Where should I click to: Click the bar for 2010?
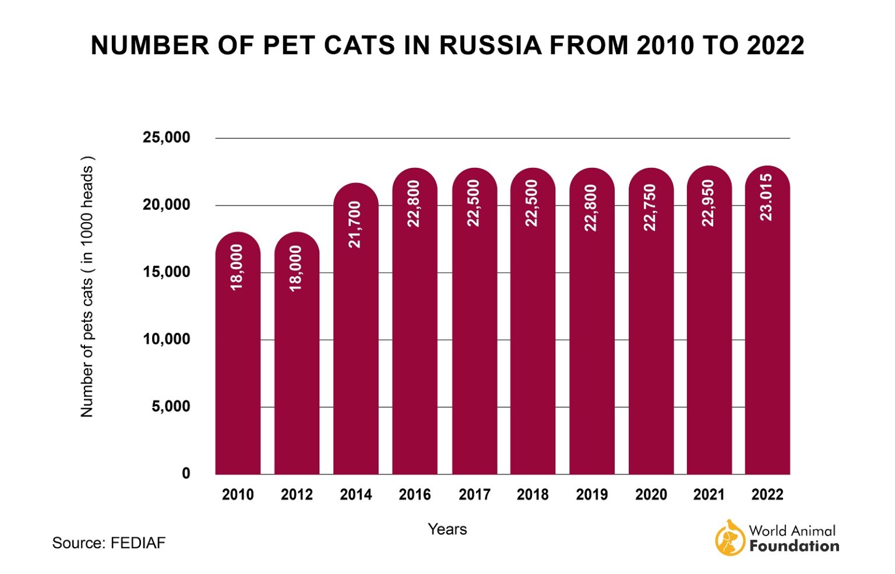[x=238, y=361]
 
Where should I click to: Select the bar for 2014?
[x=355, y=338]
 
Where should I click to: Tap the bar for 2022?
[x=767, y=326]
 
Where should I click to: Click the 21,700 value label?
[x=355, y=224]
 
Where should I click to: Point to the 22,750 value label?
[x=650, y=207]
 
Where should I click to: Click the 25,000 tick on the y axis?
[x=167, y=138]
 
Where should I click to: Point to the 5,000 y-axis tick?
[x=171, y=407]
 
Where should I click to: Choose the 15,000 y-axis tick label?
[x=167, y=272]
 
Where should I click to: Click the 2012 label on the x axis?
[x=297, y=495]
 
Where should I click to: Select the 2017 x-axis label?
[x=474, y=495]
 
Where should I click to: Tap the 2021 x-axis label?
[x=709, y=495]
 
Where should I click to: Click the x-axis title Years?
[x=447, y=529]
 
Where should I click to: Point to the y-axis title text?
[x=87, y=287]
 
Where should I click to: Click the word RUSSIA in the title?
[x=489, y=45]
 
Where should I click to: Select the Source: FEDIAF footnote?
[x=109, y=543]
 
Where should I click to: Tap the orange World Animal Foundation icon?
[x=730, y=538]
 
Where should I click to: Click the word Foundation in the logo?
[x=794, y=547]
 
